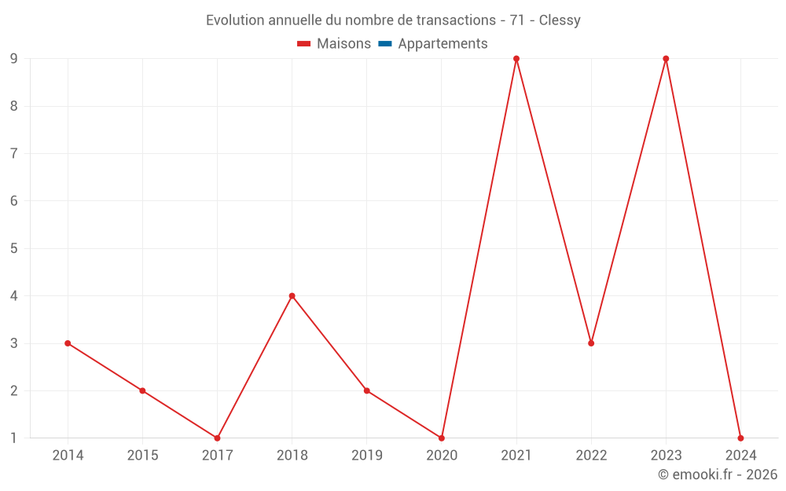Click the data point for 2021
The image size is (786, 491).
coord(516,59)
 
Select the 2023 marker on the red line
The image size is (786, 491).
coord(666,59)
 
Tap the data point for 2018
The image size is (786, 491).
coord(292,296)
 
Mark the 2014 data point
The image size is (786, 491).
coord(68,343)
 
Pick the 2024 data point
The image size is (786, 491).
coord(740,438)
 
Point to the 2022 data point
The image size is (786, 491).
coord(591,343)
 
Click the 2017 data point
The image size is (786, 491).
coord(217,438)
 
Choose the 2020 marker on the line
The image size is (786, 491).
coord(442,438)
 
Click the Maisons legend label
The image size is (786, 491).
coord(343,44)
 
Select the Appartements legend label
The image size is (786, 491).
coord(443,44)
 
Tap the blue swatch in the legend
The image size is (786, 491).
coord(385,44)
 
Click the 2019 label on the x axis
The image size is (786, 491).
coord(367,456)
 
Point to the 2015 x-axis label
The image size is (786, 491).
coord(142,456)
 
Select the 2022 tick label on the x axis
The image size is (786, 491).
coord(591,456)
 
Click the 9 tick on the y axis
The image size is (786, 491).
coord(14,59)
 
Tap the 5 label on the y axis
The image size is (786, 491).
coord(14,248)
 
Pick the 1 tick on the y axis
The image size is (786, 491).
coord(14,438)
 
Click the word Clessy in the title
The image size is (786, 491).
coord(560,20)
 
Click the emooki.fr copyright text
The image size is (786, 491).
coord(718,475)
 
